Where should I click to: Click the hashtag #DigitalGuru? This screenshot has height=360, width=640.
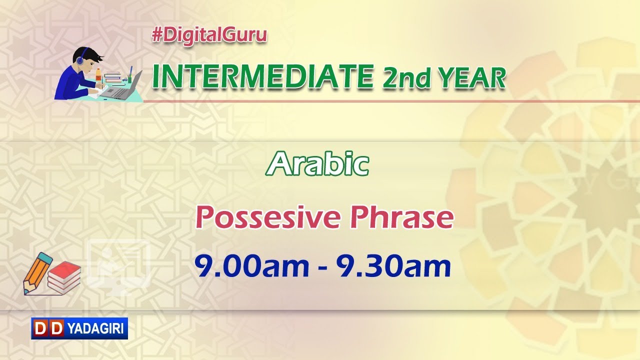[x=209, y=35]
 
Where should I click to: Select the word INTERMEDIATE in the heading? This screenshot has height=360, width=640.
[x=262, y=76]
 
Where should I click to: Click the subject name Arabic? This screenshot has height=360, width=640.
[x=317, y=164]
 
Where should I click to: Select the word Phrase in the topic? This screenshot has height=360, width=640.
[x=401, y=217]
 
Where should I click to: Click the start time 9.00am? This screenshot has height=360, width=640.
[x=252, y=267]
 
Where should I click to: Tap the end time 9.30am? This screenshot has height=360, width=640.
[x=393, y=267]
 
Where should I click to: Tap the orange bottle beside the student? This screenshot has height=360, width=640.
[x=98, y=75]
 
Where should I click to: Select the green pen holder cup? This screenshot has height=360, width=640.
[x=130, y=77]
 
